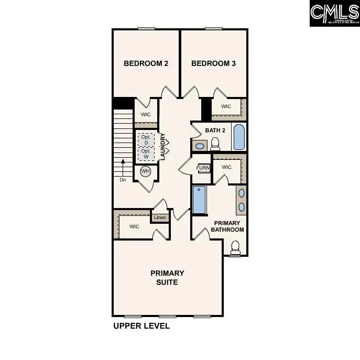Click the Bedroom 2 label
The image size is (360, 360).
(146, 63)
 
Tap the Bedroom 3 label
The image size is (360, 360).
(213, 63)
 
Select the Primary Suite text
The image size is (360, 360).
(167, 277)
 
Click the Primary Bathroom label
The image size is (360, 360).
(227, 226)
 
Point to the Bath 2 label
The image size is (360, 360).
(215, 130)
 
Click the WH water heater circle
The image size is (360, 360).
(145, 171)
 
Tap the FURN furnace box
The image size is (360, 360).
(203, 168)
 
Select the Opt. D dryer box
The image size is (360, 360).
(146, 140)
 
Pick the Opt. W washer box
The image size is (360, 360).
(146, 154)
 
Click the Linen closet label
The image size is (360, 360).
(160, 217)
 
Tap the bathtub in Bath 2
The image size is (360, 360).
(238, 136)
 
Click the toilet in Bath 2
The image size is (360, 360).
(215, 144)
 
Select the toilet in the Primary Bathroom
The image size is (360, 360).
(235, 247)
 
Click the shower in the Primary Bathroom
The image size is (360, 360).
(200, 200)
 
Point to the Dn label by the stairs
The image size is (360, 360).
(123, 179)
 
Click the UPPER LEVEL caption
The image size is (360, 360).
(141, 325)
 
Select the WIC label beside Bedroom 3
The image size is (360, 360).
(226, 106)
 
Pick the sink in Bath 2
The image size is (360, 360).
(199, 145)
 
